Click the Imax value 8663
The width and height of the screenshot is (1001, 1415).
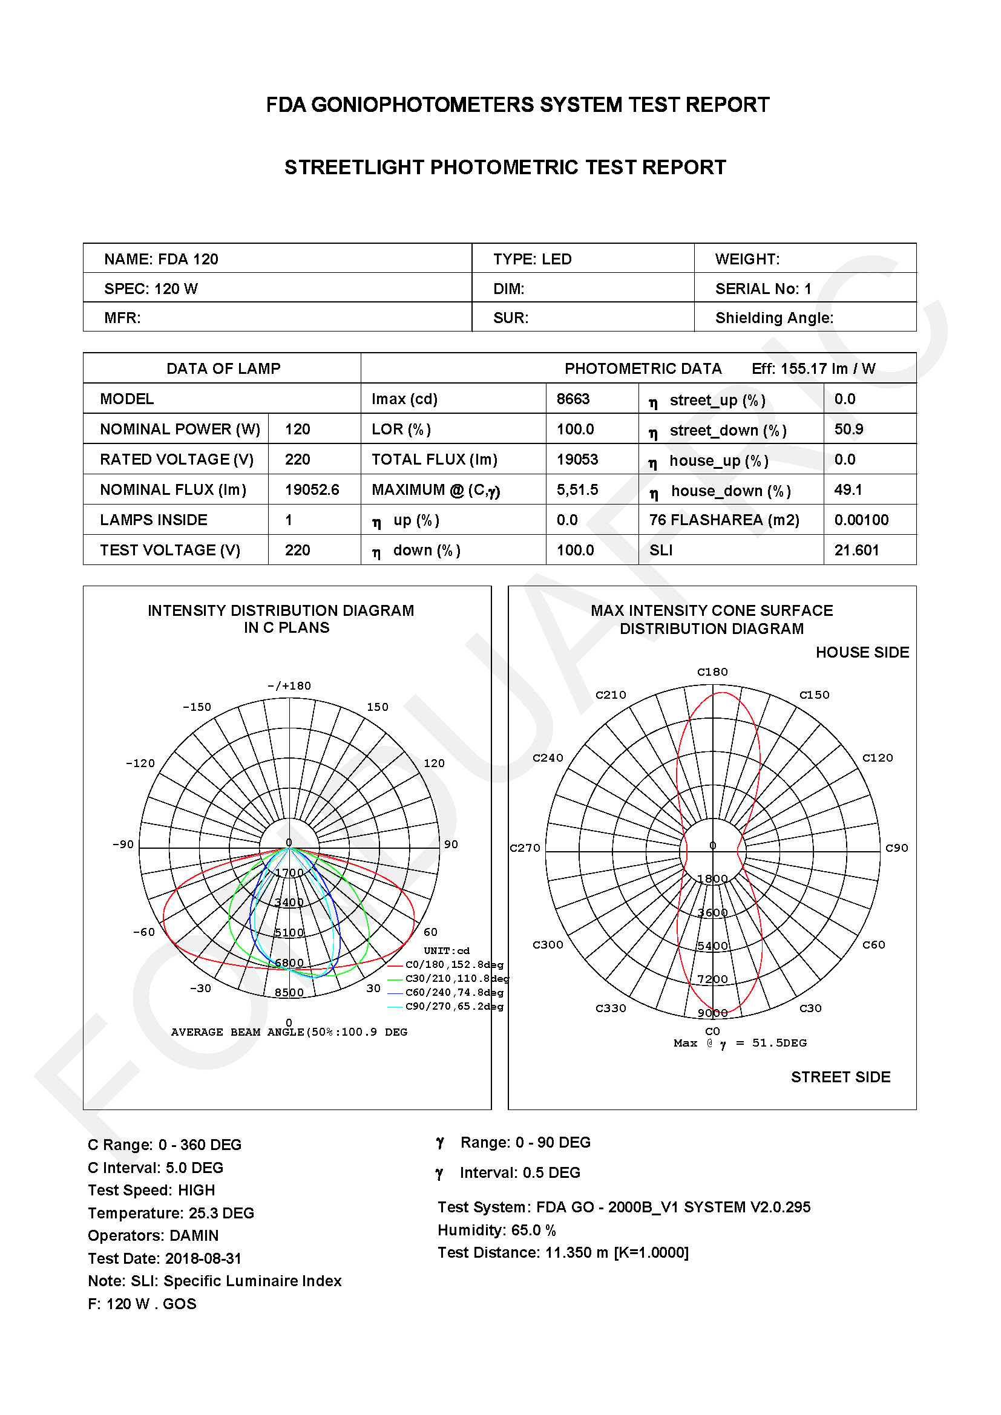tap(573, 399)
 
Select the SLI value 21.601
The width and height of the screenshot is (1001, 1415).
tap(856, 550)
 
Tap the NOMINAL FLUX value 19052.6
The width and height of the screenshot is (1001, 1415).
tap(312, 489)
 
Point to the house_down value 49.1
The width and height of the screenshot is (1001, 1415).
tap(847, 489)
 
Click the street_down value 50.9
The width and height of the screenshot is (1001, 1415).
tap(848, 429)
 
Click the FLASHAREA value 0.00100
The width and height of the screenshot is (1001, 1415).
tap(861, 520)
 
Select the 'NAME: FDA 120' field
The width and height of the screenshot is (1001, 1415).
tap(161, 259)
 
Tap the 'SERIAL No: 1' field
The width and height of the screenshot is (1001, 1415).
tap(763, 289)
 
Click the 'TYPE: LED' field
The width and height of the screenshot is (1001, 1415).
tap(532, 259)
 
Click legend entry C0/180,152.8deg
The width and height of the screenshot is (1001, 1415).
tap(454, 964)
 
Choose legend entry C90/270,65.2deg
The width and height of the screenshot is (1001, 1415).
tap(454, 1007)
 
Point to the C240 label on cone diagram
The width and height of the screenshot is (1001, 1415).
tap(547, 757)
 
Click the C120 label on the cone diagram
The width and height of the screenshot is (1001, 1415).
tap(877, 757)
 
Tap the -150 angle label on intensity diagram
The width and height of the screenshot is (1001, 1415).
tap(197, 707)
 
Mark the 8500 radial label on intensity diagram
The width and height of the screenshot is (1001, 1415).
tap(289, 992)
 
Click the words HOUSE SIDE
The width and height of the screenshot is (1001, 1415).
tap(862, 652)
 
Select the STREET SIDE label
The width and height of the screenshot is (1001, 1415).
tap(840, 1077)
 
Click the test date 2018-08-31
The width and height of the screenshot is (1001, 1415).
tap(203, 1258)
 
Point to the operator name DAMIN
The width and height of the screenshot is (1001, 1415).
tap(194, 1236)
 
